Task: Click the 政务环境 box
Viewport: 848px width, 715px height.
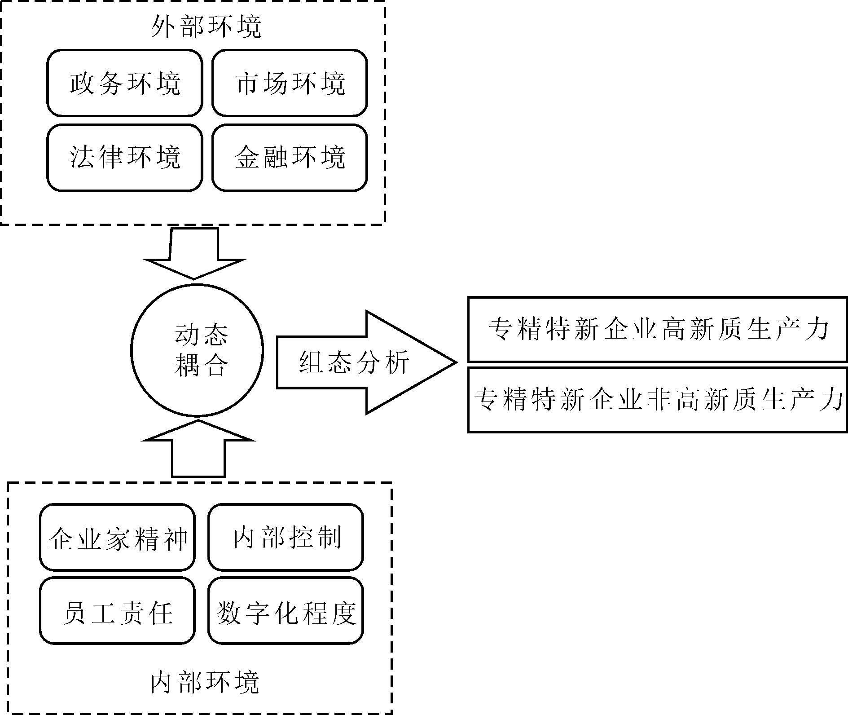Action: tap(124, 83)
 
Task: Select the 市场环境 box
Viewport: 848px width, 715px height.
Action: tap(290, 83)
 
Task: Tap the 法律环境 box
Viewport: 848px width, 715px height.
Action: tap(124, 158)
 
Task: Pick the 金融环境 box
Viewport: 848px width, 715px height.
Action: tap(290, 158)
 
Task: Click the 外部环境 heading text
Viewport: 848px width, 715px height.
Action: tap(206, 27)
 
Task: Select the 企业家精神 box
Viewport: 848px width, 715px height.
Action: tap(117, 537)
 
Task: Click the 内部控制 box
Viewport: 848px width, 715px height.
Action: tap(286, 537)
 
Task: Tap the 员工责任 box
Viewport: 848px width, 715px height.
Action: tap(117, 611)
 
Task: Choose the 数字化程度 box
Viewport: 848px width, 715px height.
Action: tap(286, 611)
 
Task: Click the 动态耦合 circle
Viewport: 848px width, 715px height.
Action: tap(197, 350)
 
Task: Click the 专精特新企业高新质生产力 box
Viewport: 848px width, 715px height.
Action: tap(657, 329)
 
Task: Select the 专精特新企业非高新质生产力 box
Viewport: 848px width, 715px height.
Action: tap(657, 400)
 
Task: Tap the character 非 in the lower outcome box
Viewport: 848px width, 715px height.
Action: tap(659, 400)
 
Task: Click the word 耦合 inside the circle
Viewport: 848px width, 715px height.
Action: tap(201, 366)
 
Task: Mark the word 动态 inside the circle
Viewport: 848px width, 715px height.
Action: tap(201, 335)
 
